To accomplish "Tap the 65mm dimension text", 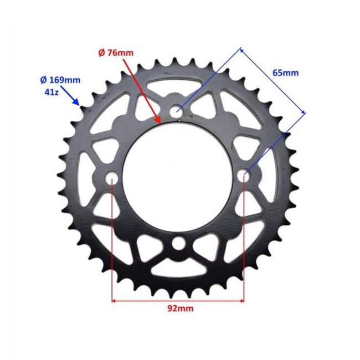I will (286, 73).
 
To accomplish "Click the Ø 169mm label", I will (60, 80).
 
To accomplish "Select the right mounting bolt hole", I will (244, 176).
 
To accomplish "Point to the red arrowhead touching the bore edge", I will (158, 120).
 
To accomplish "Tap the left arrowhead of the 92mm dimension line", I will (115, 301).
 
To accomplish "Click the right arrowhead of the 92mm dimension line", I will (241, 301).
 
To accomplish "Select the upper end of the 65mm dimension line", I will (242, 49).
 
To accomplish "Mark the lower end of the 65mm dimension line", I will (304, 114).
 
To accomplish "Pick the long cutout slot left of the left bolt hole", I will (84, 177).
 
